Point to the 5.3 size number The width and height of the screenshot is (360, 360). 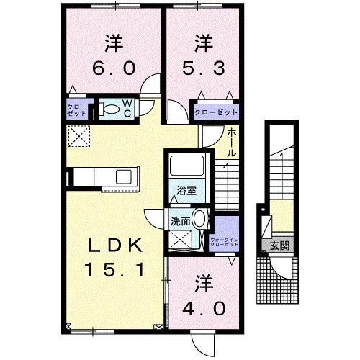(x=204, y=70)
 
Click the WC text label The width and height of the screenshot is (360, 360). (x=127, y=109)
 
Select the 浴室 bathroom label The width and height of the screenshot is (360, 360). (x=187, y=192)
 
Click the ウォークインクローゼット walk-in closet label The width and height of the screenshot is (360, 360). (x=224, y=241)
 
